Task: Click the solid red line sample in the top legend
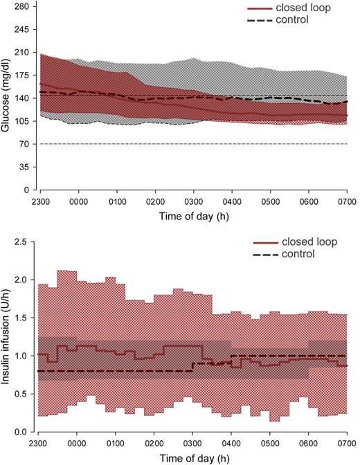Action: pyautogui.click(x=260, y=8)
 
